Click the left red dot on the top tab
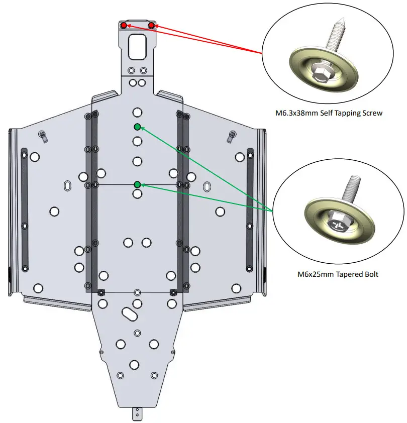coord(124,25)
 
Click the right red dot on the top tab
coord(151,25)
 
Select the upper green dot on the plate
coord(137,127)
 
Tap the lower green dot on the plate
coord(137,184)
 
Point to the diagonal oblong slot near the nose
coord(129,313)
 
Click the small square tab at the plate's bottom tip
coord(137,414)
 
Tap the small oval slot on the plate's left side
coord(67,186)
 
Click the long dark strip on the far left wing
coord(24,208)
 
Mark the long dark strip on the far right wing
coord(250,208)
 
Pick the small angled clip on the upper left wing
coord(43,135)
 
